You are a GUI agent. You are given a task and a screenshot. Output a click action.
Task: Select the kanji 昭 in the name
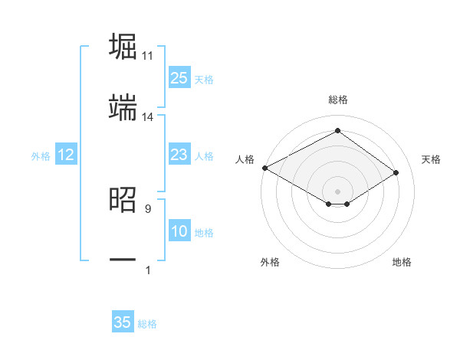123,200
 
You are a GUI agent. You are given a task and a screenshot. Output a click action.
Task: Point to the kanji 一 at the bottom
123,260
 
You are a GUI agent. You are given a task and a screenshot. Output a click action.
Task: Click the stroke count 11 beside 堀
148,56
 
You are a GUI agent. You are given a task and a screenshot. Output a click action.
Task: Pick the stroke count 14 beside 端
148,117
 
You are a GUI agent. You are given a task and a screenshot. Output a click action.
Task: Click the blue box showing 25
179,78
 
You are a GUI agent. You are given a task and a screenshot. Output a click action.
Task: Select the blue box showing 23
179,155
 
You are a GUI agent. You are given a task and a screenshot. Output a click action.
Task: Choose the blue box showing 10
179,231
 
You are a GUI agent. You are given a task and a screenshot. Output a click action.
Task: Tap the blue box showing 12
66,155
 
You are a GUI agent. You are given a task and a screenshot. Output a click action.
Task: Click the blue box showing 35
123,322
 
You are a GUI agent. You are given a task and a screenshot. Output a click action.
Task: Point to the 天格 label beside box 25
204,79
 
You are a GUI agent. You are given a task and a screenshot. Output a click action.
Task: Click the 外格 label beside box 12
41,155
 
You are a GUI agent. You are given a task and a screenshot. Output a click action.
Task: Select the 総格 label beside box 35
147,323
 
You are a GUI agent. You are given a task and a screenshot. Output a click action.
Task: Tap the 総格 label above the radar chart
337,100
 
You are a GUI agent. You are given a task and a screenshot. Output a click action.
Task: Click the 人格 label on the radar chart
245,159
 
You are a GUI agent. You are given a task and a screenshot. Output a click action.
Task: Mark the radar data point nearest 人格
264,168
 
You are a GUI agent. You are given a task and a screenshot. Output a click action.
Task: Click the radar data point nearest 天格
396,173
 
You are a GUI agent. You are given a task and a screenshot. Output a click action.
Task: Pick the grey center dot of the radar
337,191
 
